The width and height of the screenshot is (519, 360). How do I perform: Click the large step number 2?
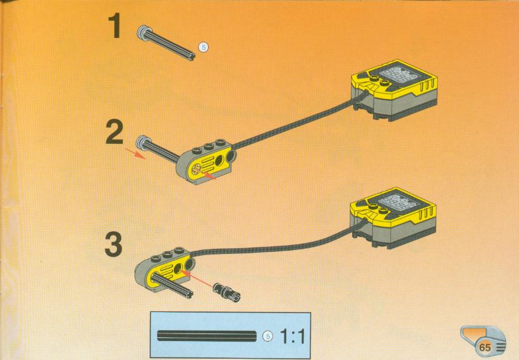[x=114, y=132]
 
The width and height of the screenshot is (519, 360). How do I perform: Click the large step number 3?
[x=114, y=244]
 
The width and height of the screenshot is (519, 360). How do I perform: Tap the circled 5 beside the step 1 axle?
[x=204, y=47]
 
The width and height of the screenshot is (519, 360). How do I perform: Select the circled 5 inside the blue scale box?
[x=268, y=336]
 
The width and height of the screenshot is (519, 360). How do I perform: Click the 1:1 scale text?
[x=293, y=337]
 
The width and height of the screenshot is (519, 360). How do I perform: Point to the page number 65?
[x=485, y=347]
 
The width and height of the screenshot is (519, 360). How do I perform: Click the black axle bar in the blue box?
[x=207, y=335]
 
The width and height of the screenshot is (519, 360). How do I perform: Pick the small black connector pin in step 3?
[x=227, y=292]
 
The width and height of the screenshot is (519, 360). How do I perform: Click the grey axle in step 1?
[x=166, y=43]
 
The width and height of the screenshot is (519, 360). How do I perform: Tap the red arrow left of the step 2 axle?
[x=135, y=153]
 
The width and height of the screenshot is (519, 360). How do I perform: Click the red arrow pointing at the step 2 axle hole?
[x=209, y=175]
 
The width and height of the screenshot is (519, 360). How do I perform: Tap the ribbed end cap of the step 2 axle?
[x=142, y=142]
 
